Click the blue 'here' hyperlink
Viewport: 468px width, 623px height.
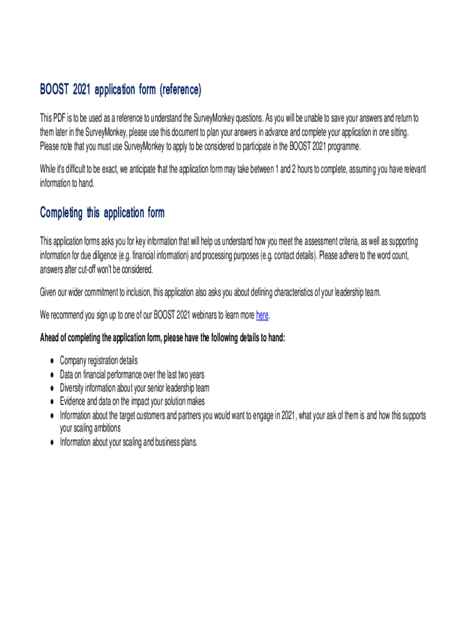tap(262, 315)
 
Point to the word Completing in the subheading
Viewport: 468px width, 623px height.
tap(61, 213)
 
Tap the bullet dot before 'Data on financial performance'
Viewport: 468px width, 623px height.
tap(51, 375)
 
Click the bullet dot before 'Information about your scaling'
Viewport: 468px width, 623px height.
tap(51, 443)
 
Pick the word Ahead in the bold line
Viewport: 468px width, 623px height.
tap(50, 338)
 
